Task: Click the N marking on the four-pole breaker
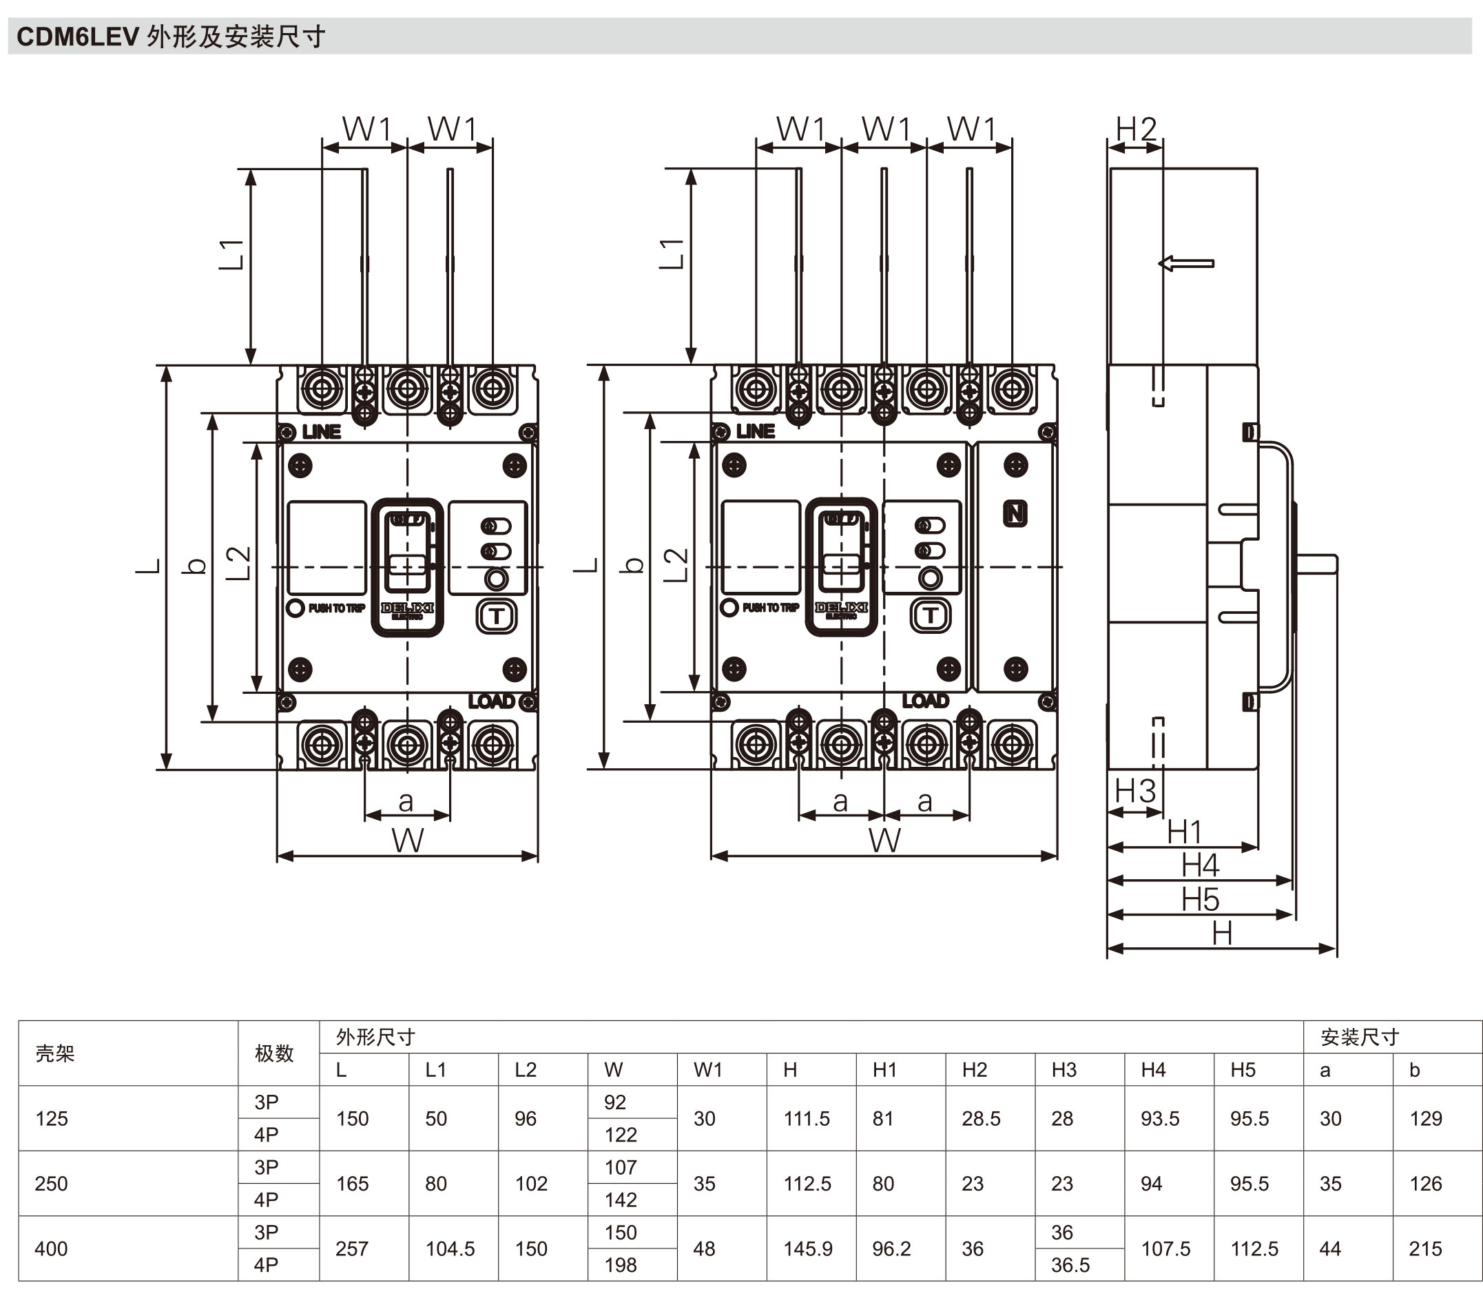(x=1015, y=514)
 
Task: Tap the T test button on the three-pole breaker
(x=496, y=617)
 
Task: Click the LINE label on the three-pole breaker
(x=322, y=432)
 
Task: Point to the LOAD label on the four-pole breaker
(x=925, y=700)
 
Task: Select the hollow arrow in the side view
(x=1186, y=263)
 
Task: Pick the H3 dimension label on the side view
(x=1134, y=791)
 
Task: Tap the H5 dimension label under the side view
(x=1200, y=900)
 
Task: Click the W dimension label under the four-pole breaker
(x=884, y=841)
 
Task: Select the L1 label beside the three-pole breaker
(x=231, y=254)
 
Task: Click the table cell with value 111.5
(x=806, y=1118)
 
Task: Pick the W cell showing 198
(x=621, y=1265)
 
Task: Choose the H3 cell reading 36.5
(x=1070, y=1265)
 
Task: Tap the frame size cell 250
(x=51, y=1184)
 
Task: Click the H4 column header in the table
(x=1153, y=1070)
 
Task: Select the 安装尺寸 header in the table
(x=1359, y=1037)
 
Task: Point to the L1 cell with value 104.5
(x=450, y=1249)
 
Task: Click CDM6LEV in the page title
(x=78, y=37)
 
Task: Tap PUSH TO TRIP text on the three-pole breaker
(x=336, y=608)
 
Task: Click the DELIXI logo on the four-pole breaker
(x=841, y=608)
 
